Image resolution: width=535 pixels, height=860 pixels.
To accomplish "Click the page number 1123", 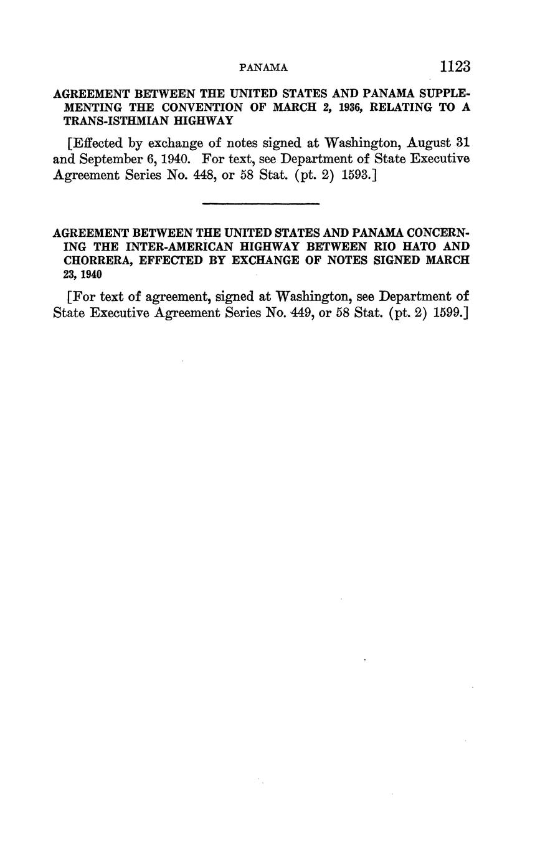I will (x=454, y=67).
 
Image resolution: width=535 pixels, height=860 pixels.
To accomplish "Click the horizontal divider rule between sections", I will (x=261, y=203).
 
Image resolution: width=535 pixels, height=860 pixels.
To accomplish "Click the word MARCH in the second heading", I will (x=447, y=260).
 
